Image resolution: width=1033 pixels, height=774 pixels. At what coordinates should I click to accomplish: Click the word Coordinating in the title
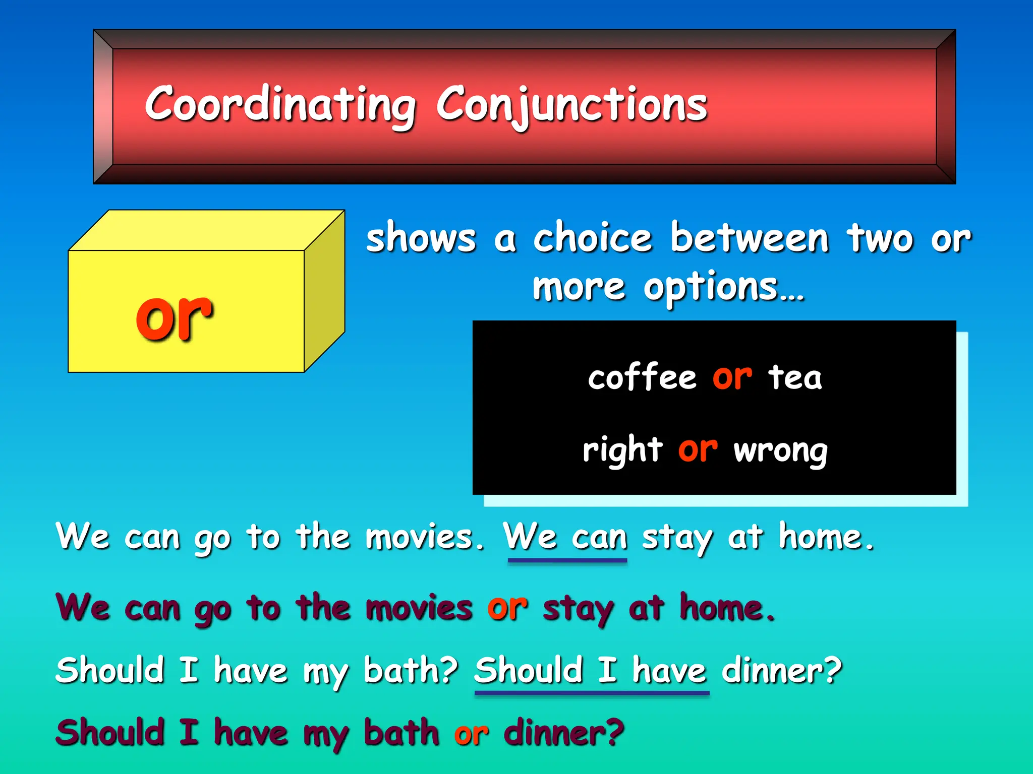pyautogui.click(x=280, y=104)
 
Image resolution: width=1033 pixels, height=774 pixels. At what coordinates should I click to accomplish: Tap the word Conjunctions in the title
pyautogui.click(x=571, y=104)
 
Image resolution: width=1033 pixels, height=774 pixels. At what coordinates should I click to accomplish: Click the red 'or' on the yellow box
pyautogui.click(x=174, y=316)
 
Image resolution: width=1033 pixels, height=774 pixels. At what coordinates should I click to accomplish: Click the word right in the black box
pyautogui.click(x=622, y=449)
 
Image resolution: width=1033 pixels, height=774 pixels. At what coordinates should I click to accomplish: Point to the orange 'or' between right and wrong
pyautogui.click(x=698, y=449)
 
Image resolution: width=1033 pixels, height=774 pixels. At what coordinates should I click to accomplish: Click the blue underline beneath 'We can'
pyautogui.click(x=567, y=560)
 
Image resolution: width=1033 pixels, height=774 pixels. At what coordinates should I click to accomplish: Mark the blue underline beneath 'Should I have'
pyautogui.click(x=592, y=693)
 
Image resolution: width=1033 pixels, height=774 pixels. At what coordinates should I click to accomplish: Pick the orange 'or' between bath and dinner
pyautogui.click(x=471, y=734)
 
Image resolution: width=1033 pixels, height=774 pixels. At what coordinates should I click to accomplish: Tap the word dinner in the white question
pyautogui.click(x=774, y=671)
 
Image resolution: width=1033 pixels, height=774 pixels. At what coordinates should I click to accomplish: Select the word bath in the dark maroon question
pyautogui.click(x=401, y=732)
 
